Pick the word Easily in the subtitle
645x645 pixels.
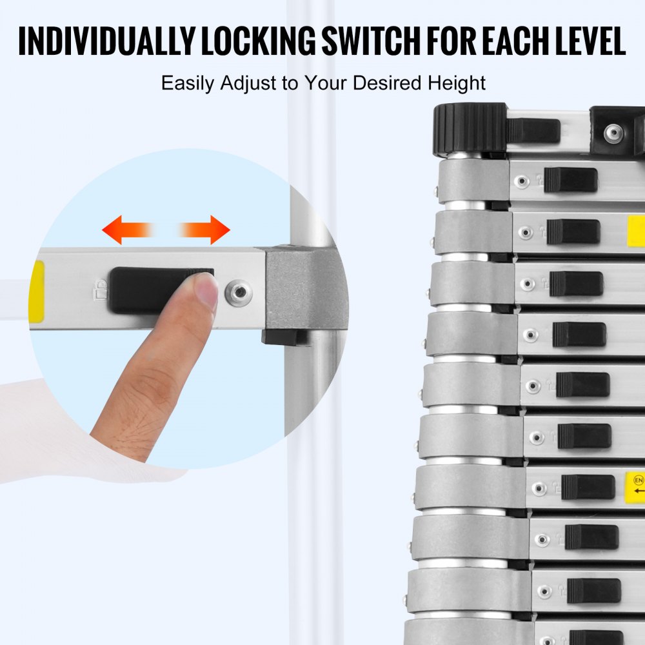click(188, 84)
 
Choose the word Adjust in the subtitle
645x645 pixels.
click(247, 83)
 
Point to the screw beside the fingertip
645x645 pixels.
click(238, 293)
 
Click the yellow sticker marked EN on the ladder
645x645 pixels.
click(636, 491)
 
